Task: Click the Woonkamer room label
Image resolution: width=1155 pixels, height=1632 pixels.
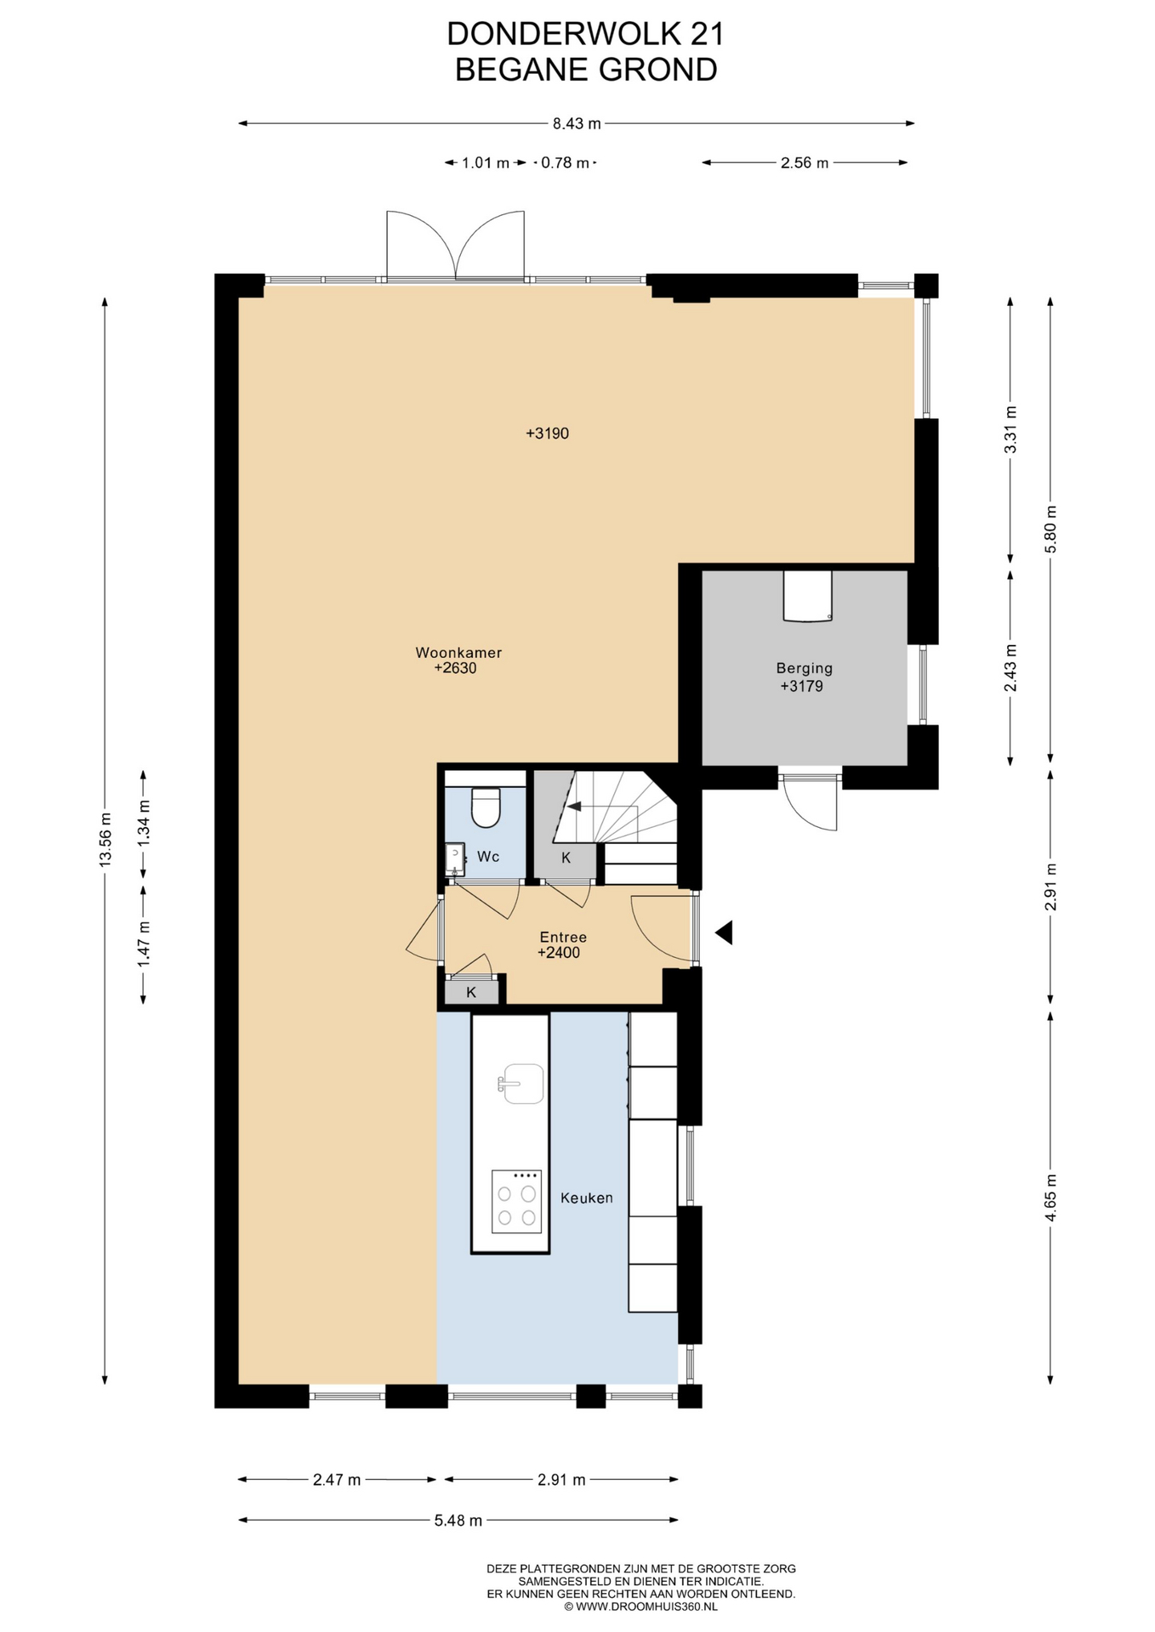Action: click(x=458, y=653)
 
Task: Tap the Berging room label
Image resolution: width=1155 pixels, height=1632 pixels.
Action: click(x=804, y=668)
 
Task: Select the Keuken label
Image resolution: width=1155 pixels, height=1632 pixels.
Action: click(x=587, y=1198)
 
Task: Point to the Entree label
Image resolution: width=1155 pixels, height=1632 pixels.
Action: click(x=563, y=937)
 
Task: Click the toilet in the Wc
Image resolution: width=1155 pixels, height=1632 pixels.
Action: click(x=486, y=807)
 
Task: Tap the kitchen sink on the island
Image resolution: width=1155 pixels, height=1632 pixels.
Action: click(x=521, y=1084)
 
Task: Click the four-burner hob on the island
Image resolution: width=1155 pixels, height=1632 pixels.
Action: click(x=516, y=1202)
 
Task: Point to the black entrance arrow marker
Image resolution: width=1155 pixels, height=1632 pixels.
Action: click(x=724, y=932)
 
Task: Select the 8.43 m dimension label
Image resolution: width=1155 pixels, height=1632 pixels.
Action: click(x=577, y=123)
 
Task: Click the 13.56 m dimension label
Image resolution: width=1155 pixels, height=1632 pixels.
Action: click(x=105, y=839)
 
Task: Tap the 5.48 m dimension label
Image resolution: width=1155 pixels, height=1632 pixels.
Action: click(x=458, y=1521)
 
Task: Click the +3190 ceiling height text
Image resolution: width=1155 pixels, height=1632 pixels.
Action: click(x=547, y=433)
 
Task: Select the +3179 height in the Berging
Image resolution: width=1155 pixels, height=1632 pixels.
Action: click(x=802, y=686)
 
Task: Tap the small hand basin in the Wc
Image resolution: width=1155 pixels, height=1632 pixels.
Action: click(x=455, y=859)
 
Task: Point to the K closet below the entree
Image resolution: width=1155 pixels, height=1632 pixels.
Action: click(x=471, y=992)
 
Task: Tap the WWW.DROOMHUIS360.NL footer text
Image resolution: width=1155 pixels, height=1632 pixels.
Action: click(x=646, y=1606)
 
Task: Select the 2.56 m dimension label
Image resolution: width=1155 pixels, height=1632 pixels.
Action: click(x=805, y=163)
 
